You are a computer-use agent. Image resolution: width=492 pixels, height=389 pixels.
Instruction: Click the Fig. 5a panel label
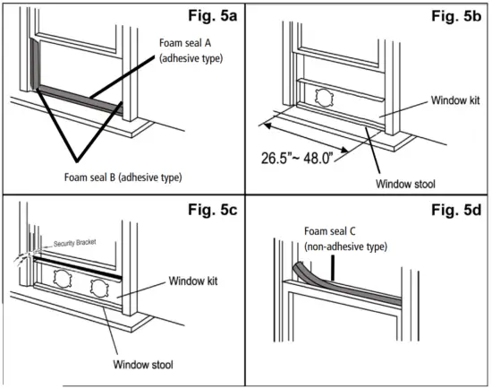(212, 15)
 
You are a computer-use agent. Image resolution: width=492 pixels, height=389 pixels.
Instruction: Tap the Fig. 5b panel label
(456, 16)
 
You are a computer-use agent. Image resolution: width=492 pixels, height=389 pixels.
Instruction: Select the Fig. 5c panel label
(212, 210)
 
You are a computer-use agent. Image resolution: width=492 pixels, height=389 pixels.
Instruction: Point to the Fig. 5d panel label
(456, 210)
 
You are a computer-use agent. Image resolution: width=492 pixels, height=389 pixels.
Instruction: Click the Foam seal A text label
(185, 43)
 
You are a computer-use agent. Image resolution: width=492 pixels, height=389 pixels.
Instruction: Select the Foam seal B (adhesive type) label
(123, 177)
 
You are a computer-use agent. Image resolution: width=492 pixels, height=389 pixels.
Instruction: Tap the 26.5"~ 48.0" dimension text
(296, 158)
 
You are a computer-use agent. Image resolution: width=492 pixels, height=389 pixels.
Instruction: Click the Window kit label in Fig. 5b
(455, 100)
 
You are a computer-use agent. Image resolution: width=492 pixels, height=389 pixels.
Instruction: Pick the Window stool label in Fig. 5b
(405, 184)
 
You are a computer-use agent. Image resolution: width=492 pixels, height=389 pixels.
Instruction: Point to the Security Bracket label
(74, 243)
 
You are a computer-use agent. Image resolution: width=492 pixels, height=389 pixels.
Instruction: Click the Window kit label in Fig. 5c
(193, 281)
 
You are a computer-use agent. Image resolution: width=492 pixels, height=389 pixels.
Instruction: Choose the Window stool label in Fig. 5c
(143, 365)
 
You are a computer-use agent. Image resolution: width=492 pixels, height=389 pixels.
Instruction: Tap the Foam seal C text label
(330, 231)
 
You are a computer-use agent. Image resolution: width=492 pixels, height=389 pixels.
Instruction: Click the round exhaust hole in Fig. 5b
(324, 98)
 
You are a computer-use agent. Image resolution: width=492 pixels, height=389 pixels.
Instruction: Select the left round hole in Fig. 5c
(63, 279)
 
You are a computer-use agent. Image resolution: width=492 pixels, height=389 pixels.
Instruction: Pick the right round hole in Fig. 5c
(99, 289)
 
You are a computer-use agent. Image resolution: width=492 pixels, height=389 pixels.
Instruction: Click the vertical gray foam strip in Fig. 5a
(34, 64)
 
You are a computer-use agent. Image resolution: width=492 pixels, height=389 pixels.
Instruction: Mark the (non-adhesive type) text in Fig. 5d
(345, 246)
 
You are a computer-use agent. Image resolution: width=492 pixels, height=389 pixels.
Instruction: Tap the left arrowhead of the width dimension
(267, 125)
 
